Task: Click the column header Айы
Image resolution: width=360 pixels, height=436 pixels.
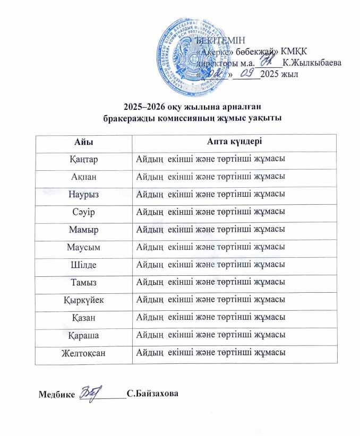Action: (84, 143)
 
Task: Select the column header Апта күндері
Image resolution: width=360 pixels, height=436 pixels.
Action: (234, 143)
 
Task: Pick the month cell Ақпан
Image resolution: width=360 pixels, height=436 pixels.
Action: (84, 177)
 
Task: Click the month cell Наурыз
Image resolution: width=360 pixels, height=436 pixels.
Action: (84, 194)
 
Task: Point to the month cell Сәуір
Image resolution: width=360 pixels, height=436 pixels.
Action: (84, 212)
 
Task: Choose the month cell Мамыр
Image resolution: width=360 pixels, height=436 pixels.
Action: (84, 229)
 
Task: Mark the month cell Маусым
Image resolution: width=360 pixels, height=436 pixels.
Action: (84, 247)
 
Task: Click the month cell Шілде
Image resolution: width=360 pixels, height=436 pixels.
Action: (84, 264)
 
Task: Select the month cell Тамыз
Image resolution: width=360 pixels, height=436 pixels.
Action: (84, 282)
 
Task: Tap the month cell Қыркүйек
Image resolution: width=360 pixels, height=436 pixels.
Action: (84, 300)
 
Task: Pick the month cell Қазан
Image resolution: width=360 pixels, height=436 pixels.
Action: (84, 317)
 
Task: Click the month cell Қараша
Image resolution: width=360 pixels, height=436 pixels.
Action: (84, 335)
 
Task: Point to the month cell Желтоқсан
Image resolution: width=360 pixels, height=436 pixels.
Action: (84, 352)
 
